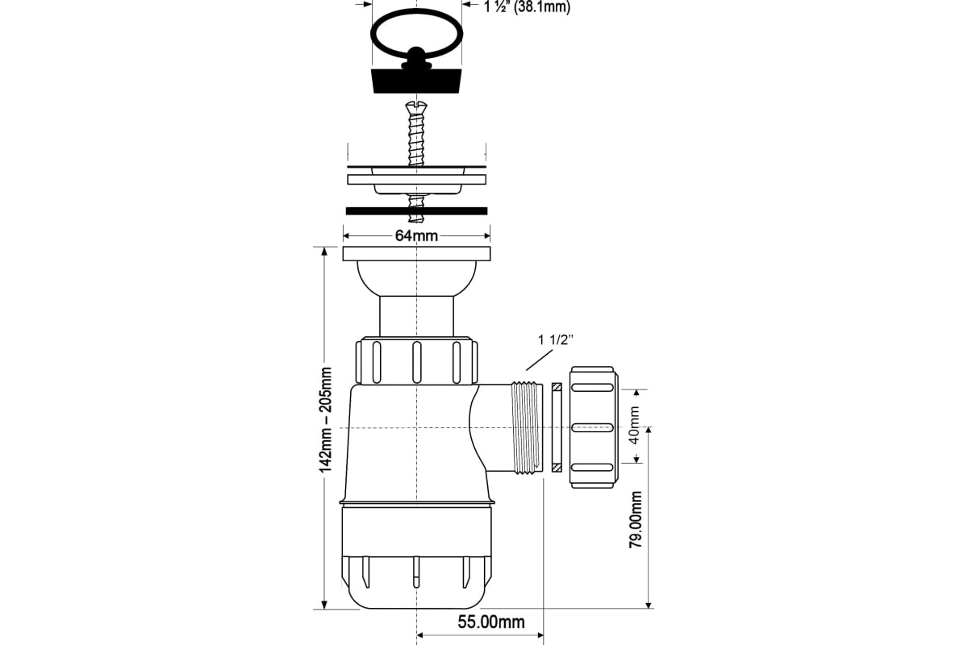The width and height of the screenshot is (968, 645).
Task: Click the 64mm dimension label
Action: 416,236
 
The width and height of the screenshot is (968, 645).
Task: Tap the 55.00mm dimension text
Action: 491,622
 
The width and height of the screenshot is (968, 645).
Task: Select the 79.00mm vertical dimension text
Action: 636,520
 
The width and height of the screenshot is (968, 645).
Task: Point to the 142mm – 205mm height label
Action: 325,420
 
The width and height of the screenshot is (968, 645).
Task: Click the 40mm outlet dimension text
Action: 634,425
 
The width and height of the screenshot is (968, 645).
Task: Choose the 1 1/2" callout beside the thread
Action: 555,339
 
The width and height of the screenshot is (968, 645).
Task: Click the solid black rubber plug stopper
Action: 416,80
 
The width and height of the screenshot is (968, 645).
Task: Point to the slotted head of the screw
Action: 416,106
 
